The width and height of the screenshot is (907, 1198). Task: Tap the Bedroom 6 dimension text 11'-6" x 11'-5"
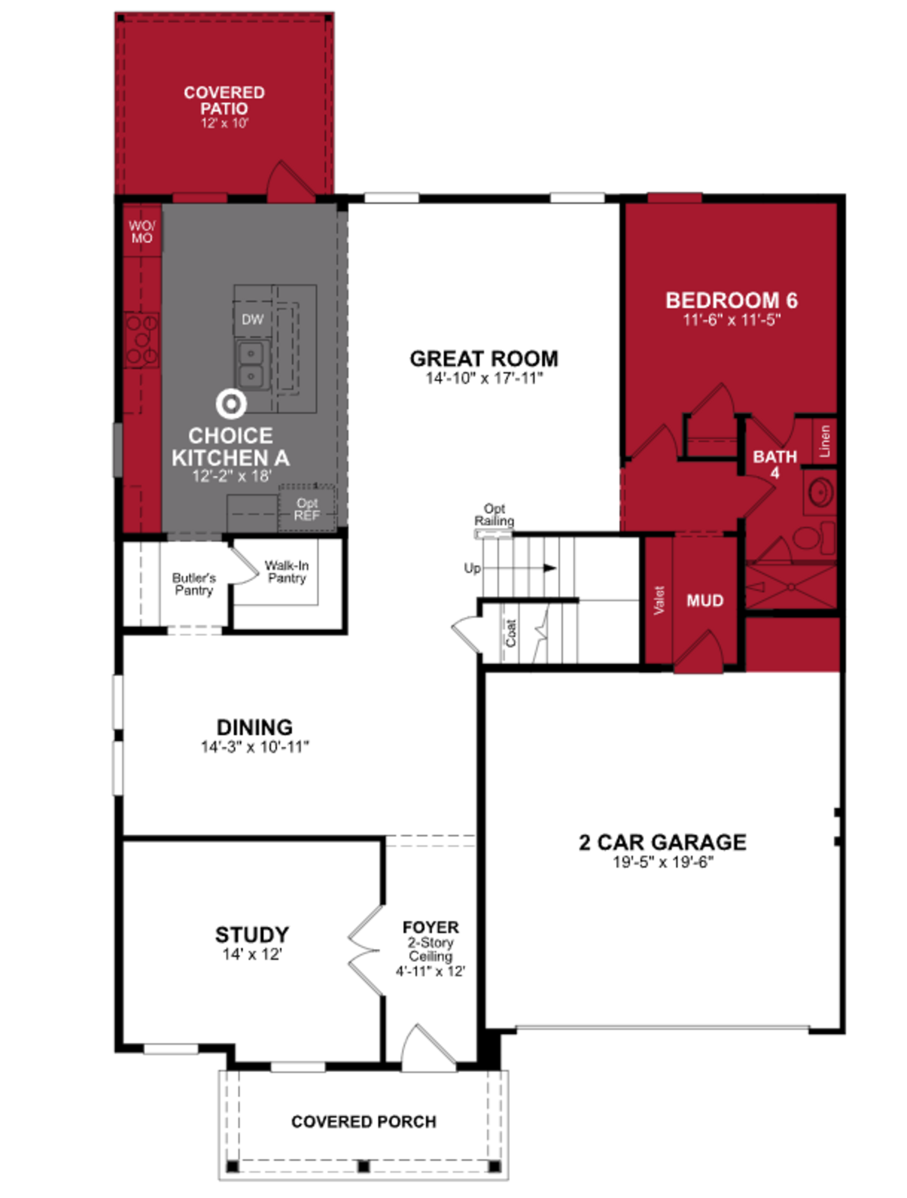coord(732,320)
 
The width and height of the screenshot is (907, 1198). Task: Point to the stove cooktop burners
coord(141,340)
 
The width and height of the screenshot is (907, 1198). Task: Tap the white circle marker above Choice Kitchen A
coord(231,403)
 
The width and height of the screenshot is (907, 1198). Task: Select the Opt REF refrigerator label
coord(307,509)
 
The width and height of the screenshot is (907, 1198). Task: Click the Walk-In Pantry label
coord(287,571)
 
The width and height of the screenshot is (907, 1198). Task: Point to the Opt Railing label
coord(494,515)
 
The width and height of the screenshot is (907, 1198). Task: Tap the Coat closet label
coord(510,633)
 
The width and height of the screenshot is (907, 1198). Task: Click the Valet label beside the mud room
coord(659,600)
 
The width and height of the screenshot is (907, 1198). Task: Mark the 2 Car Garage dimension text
coord(663,862)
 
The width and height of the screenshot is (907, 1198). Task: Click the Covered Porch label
coord(364,1122)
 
